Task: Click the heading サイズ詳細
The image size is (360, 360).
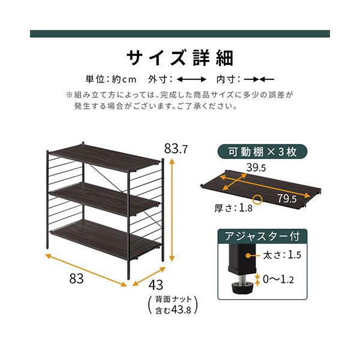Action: pos(179,58)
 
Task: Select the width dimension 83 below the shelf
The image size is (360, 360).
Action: pos(76,279)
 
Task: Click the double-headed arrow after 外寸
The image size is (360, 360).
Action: pos(192,79)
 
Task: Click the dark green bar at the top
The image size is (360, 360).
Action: pos(180,34)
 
